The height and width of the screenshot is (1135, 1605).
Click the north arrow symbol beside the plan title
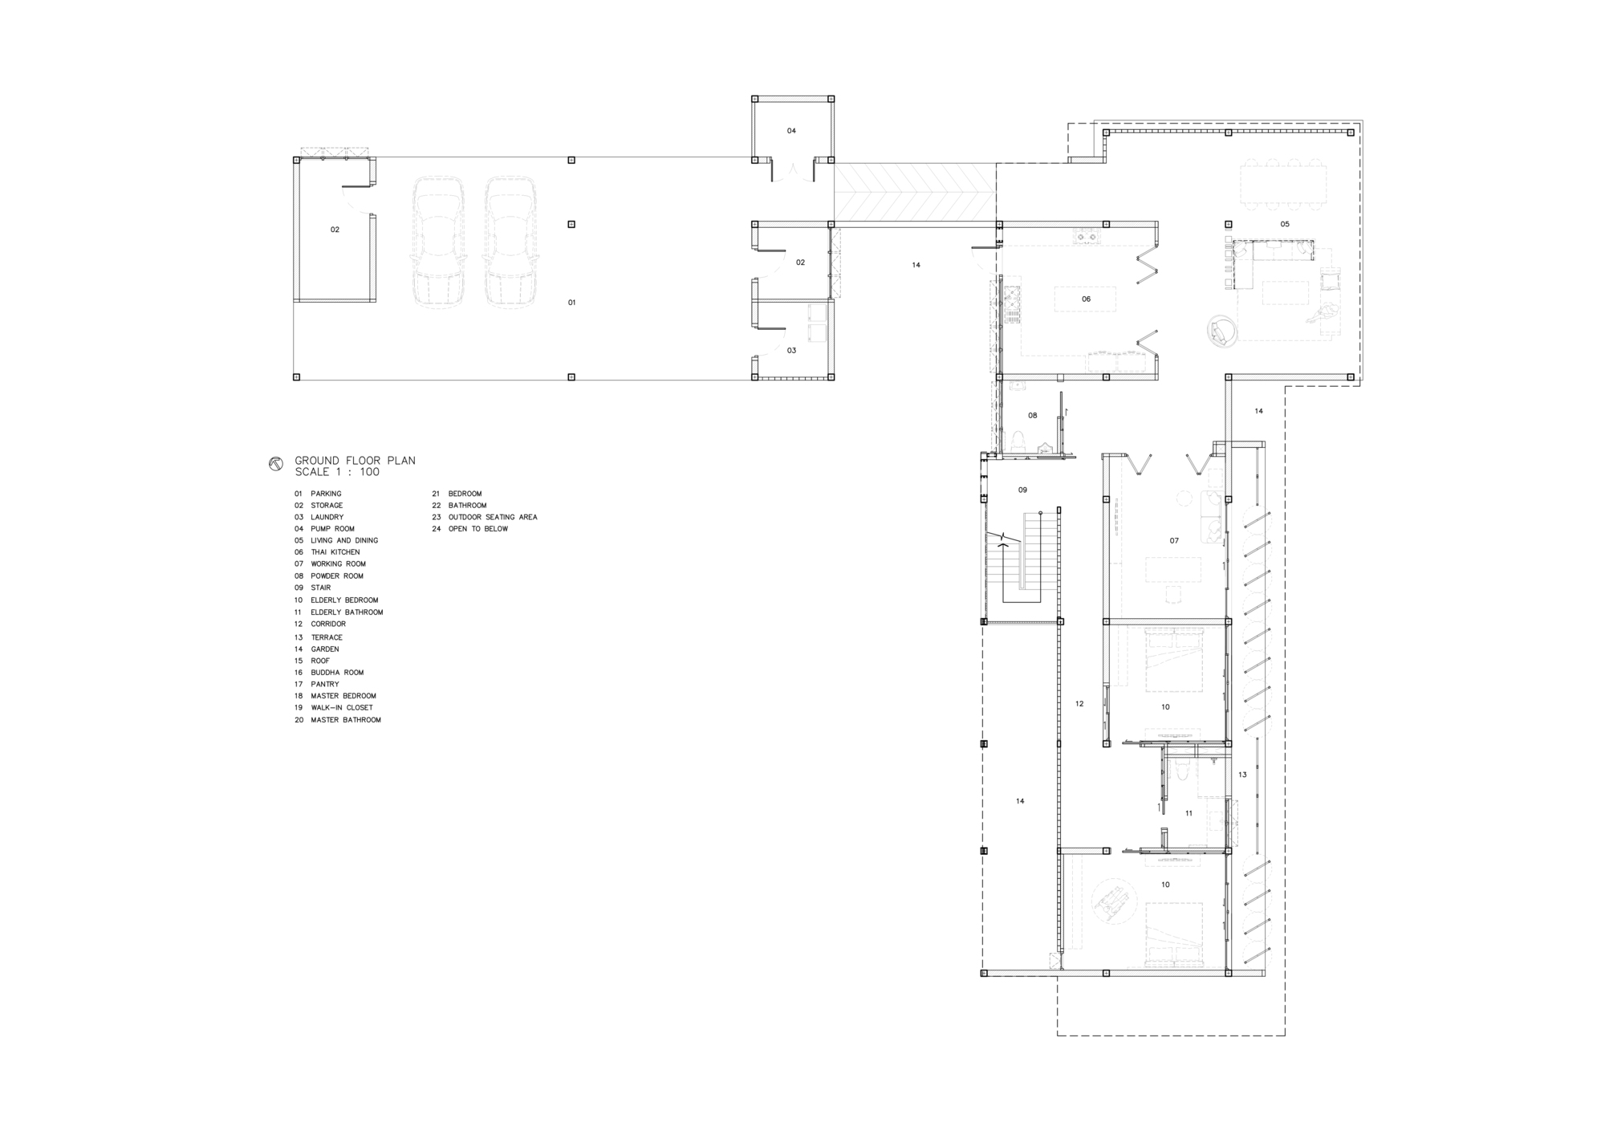tap(276, 464)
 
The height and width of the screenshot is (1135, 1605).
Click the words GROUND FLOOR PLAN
tap(355, 461)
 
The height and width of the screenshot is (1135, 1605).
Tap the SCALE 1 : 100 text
tap(337, 472)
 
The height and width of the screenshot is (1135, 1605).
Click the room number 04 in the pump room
tap(791, 131)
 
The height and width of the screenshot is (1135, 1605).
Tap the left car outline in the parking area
tap(438, 242)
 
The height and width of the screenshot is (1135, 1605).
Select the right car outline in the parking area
tap(510, 242)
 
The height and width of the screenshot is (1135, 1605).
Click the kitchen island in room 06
tap(1085, 299)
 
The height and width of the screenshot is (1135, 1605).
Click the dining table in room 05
tap(1283, 186)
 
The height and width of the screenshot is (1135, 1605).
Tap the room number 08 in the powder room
tap(1033, 416)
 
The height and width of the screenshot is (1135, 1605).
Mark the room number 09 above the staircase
tap(1022, 490)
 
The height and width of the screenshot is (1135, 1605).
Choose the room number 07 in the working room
tap(1174, 541)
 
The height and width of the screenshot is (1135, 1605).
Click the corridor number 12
tap(1079, 704)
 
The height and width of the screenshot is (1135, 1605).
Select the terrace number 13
tap(1242, 775)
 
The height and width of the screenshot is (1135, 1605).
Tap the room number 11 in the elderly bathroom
tap(1189, 813)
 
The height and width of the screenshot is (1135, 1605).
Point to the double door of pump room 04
tap(792, 171)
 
